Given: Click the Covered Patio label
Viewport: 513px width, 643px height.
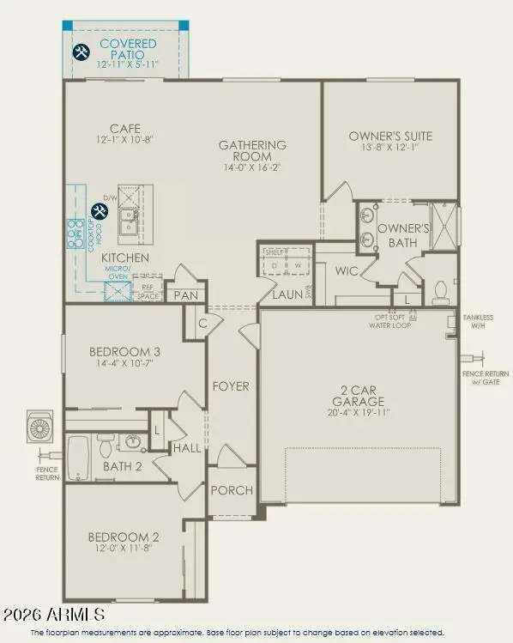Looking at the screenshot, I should (127, 44).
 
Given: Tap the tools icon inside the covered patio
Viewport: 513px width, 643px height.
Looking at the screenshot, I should (81, 52).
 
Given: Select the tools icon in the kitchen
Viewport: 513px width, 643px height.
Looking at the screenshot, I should (100, 210).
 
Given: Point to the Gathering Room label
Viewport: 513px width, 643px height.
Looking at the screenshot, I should (251, 151).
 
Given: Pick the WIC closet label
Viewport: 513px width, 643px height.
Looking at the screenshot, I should (346, 271).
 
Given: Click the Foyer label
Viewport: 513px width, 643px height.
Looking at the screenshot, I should (231, 386).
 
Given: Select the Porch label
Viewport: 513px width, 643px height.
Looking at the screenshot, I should (231, 490).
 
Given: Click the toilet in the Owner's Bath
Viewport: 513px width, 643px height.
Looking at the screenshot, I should (442, 294).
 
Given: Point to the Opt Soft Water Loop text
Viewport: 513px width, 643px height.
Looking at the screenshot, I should (390, 322).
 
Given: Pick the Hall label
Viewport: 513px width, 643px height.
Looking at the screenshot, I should (186, 447).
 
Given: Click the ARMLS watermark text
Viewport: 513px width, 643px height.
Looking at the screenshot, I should (53, 615).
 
